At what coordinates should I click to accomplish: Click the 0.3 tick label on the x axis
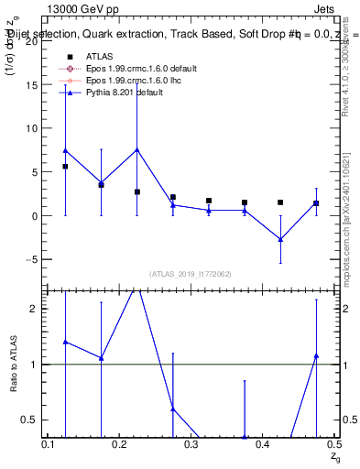coord(191,444)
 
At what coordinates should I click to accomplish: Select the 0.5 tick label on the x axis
coord(333,444)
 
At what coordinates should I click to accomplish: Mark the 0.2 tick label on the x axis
coord(119,444)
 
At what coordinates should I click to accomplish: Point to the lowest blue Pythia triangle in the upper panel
coord(280,239)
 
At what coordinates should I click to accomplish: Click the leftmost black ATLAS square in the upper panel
coord(65,167)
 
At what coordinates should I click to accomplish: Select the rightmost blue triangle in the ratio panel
coord(316,355)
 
